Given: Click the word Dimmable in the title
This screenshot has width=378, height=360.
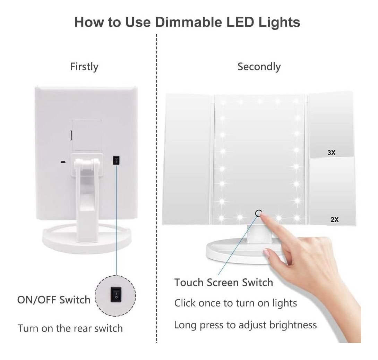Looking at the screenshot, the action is [188, 22].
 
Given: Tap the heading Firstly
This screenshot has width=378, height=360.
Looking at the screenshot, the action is [84, 67].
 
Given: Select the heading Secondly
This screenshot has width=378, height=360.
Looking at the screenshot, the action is [259, 67].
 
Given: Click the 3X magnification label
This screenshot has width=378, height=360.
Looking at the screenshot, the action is [332, 152].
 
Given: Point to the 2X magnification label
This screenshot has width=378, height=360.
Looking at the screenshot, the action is [335, 219].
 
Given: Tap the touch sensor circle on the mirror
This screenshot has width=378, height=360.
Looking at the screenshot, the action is [258, 213].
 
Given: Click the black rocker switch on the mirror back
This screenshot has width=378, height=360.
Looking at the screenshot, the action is [116, 160].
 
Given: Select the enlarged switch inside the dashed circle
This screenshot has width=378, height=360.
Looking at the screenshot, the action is [116, 294].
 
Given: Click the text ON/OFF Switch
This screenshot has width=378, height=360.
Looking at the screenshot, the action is [54, 300].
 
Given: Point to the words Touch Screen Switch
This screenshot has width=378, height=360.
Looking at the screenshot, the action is [224, 282].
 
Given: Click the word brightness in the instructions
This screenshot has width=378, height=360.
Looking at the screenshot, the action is [293, 325].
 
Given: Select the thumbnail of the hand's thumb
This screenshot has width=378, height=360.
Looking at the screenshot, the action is [266, 253].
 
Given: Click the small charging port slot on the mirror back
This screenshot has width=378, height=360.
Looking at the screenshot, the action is [63, 162].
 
